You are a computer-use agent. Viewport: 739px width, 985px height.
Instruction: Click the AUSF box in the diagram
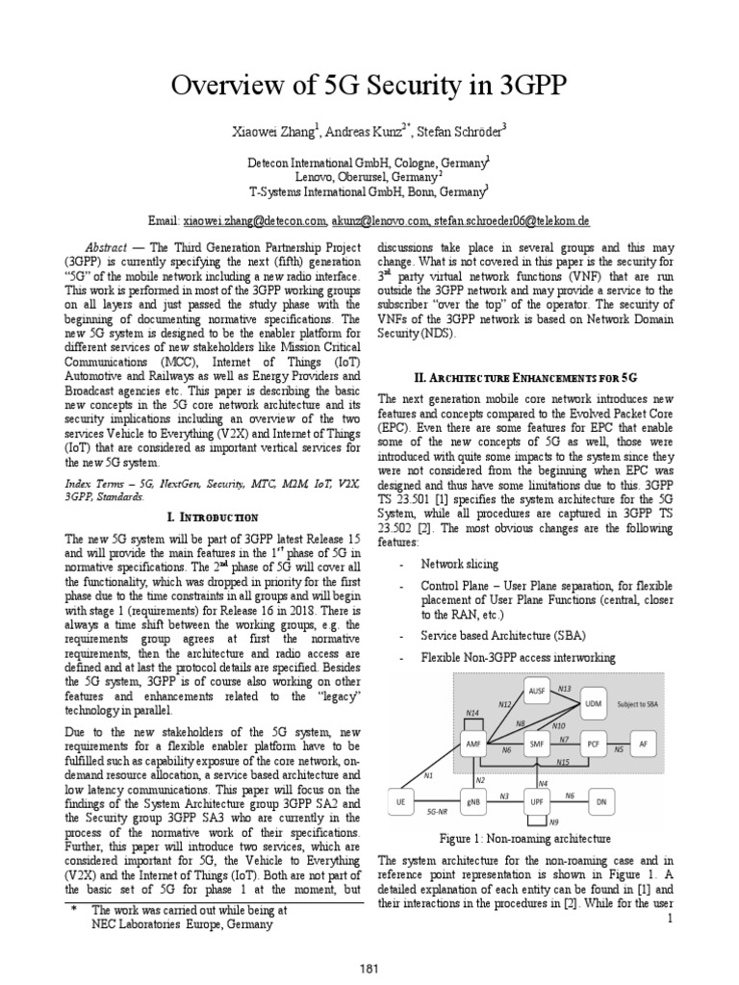[536, 692]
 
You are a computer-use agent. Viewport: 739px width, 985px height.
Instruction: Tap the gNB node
[471, 800]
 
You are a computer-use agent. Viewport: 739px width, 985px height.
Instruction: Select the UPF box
[536, 800]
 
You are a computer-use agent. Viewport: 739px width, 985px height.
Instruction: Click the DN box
[601, 800]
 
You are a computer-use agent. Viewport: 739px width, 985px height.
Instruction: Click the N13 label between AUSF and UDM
[565, 690]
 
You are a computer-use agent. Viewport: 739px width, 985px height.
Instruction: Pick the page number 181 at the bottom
[369, 966]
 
